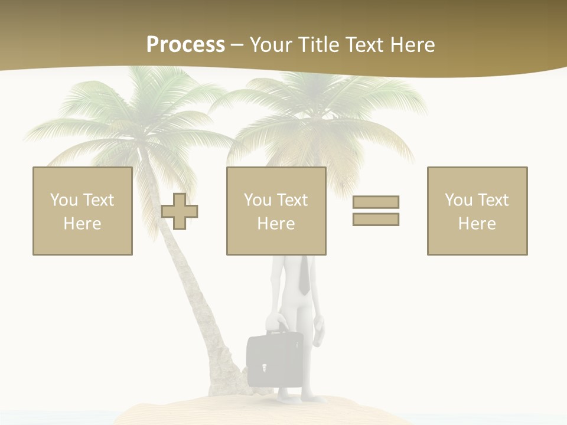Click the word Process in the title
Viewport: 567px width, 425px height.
[185, 45]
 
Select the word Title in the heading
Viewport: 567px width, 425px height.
[319, 45]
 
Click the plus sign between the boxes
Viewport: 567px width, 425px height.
[180, 211]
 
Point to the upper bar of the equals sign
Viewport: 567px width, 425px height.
[376, 202]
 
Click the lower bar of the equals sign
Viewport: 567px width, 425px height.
[376, 219]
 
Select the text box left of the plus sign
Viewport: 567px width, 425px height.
[83, 211]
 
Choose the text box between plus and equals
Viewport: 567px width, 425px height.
[276, 211]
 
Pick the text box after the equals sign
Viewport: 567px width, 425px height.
[477, 211]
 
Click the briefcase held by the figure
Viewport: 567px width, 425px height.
[275, 360]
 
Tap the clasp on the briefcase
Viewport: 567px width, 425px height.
[264, 368]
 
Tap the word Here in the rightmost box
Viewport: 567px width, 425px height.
[477, 224]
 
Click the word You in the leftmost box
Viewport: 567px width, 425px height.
[64, 200]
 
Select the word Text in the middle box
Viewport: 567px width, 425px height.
[292, 200]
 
